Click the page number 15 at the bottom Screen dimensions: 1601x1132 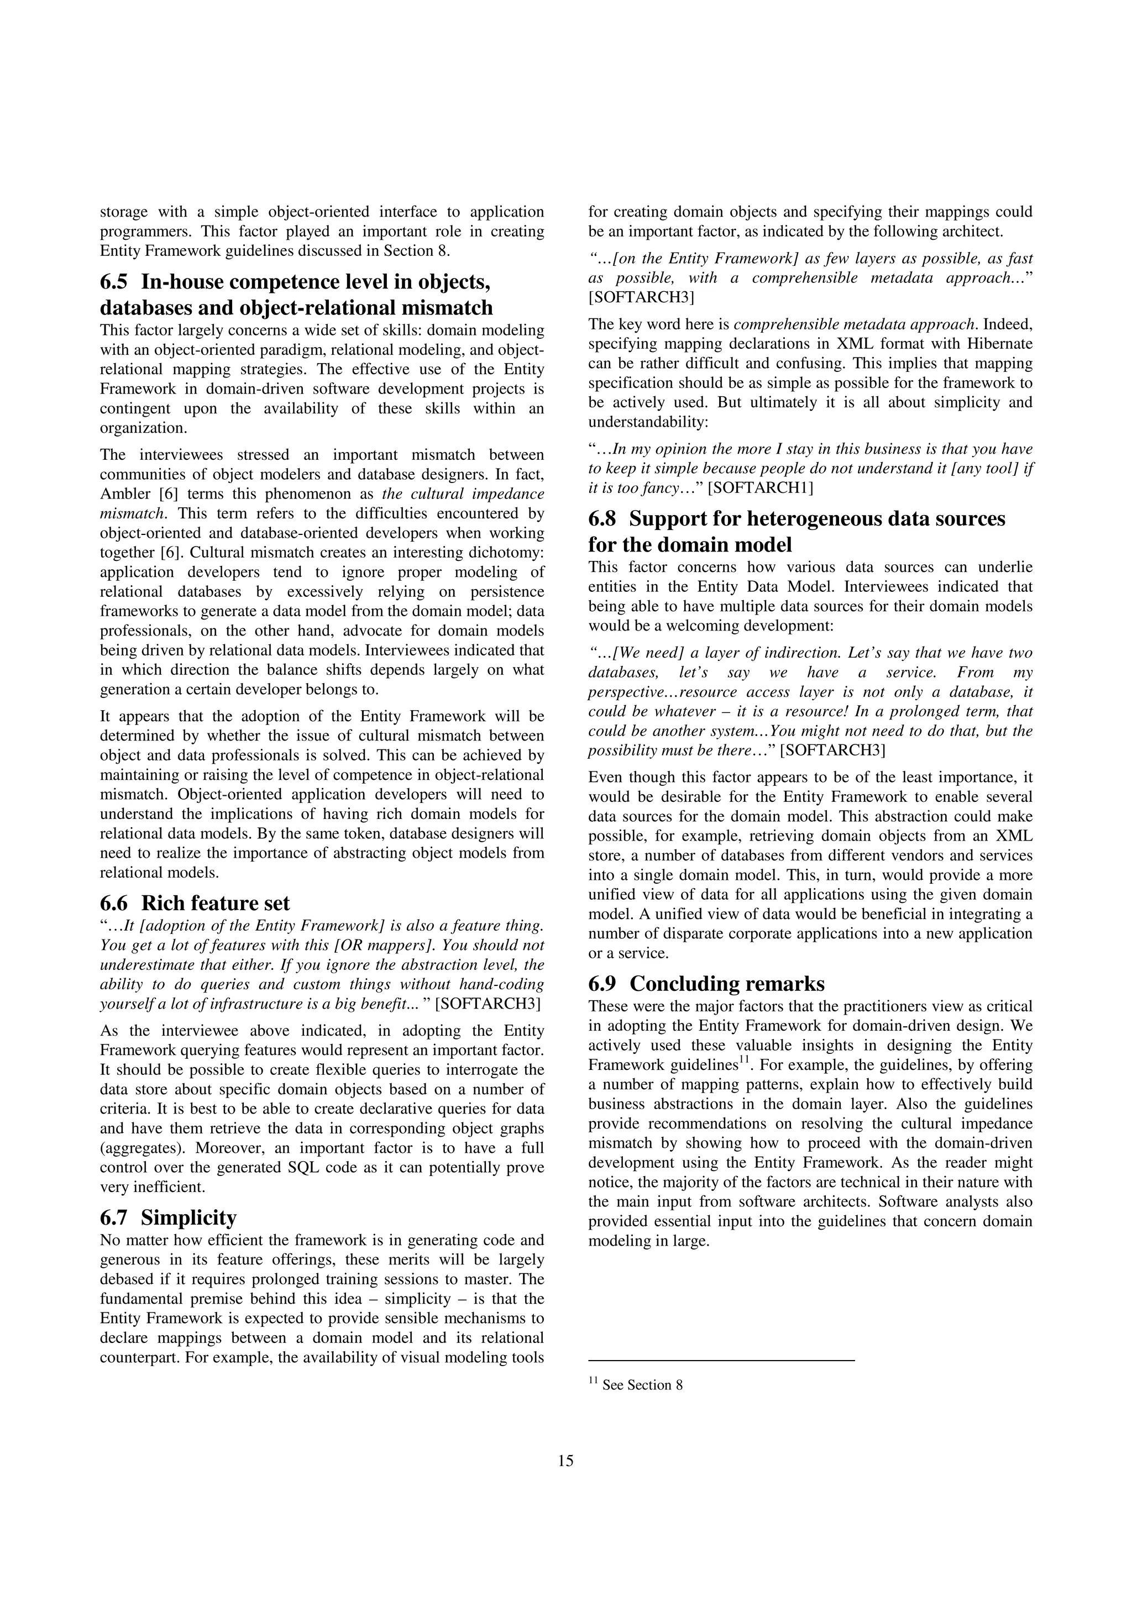565,1461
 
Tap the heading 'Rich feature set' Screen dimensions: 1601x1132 215,903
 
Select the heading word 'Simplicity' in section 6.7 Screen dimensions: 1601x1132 188,1217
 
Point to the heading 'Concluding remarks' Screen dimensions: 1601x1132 727,984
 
